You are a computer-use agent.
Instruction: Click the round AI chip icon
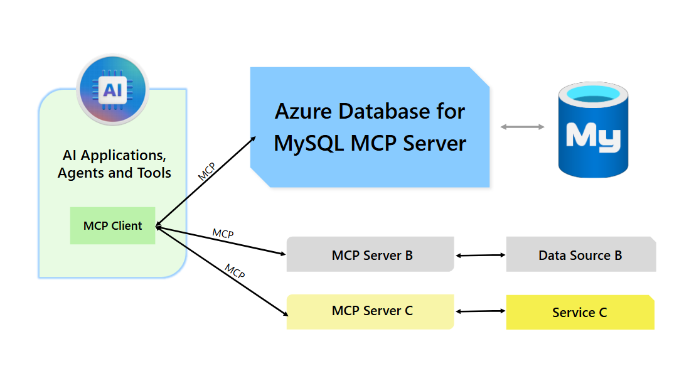112,90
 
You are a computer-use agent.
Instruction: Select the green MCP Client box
112,226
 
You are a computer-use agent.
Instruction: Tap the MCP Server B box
370,255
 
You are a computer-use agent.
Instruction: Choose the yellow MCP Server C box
370,311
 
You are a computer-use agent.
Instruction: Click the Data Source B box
580,255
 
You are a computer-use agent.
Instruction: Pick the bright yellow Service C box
580,313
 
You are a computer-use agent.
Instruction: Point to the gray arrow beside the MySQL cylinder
522,127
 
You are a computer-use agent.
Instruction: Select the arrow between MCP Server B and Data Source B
481,256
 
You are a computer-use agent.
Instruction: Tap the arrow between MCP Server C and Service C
481,311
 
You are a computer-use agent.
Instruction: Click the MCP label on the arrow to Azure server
206,171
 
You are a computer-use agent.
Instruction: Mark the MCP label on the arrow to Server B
223,234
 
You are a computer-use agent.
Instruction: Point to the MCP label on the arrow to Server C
235,271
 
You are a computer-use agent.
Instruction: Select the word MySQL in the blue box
309,143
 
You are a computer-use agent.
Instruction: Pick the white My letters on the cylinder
592,136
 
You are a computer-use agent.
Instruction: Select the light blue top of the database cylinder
593,95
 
